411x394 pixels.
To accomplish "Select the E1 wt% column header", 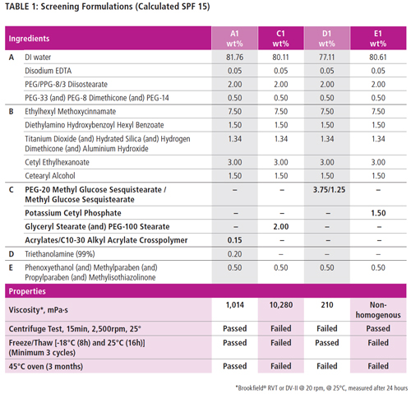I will point(378,38).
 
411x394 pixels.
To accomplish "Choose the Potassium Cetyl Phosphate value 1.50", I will point(378,211).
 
